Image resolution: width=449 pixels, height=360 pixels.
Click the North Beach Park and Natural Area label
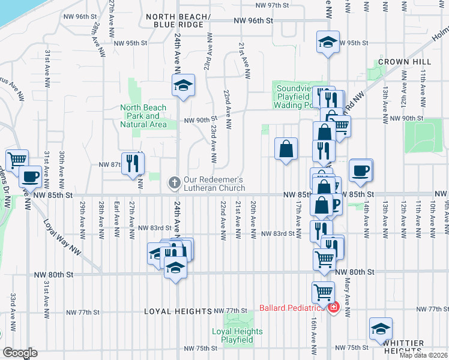tap(143, 116)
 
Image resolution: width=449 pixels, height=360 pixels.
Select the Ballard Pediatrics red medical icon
tap(333, 308)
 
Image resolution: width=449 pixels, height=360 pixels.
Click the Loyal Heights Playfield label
tap(237, 335)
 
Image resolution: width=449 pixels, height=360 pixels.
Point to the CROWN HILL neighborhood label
tap(402, 62)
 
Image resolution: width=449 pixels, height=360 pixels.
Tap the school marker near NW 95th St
tap(328, 43)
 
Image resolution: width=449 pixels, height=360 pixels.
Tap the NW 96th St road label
tap(253, 20)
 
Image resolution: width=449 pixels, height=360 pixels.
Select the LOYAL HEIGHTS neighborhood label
tap(179, 311)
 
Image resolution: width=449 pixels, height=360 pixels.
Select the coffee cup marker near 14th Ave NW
tap(361, 170)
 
